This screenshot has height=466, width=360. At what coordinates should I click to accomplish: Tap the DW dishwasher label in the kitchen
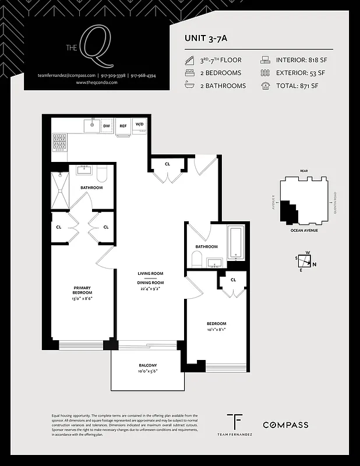click(107, 125)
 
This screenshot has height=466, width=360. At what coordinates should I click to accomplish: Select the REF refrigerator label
click(123, 125)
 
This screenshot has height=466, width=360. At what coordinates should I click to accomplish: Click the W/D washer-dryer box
click(140, 125)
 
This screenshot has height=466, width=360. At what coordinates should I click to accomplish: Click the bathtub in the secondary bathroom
click(236, 242)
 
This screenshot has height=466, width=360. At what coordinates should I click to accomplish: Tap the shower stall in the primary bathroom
click(60, 190)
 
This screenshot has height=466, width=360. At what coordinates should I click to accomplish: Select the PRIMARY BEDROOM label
click(83, 290)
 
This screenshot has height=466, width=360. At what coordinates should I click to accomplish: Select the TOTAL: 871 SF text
click(297, 86)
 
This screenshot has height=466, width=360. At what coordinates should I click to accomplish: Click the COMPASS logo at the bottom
click(285, 425)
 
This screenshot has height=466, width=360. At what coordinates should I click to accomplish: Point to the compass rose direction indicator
click(305, 262)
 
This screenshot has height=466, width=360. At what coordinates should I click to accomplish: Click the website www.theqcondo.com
click(97, 83)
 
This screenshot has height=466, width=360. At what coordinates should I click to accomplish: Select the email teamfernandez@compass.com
click(66, 76)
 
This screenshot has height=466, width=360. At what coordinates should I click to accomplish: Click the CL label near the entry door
click(167, 164)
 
